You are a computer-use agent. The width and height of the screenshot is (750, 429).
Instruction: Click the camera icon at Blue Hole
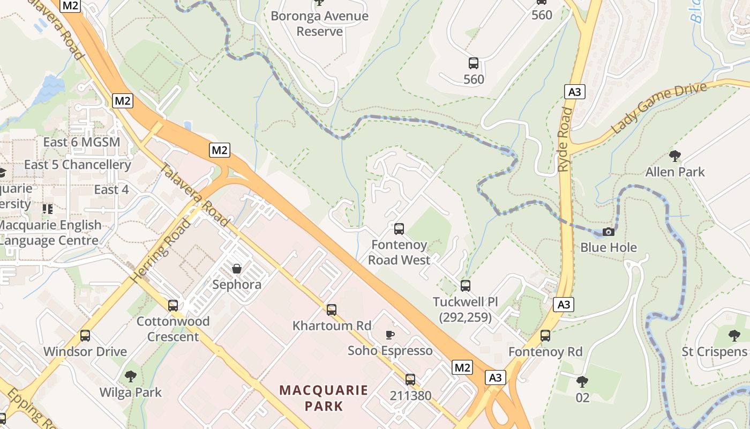click(608, 232)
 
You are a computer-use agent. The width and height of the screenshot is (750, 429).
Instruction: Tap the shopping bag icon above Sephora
click(236, 268)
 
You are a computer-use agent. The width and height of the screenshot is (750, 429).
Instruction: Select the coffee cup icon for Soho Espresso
click(390, 335)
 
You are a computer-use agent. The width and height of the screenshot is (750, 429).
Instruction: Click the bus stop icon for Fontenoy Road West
click(399, 229)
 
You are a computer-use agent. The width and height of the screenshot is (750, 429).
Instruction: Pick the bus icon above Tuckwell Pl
click(465, 285)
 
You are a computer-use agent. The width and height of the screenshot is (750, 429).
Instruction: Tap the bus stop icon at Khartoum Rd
click(332, 309)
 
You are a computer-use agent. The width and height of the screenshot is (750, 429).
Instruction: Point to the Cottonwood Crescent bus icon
click(172, 305)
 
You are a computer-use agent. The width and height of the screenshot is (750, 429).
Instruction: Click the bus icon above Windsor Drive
click(85, 336)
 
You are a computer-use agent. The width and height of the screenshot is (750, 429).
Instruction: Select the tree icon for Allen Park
click(675, 156)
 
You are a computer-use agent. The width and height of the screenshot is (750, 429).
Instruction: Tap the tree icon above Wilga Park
click(130, 376)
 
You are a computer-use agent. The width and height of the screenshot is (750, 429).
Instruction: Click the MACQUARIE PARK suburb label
click(324, 397)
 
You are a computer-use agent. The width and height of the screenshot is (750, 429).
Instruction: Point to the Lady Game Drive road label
click(658, 108)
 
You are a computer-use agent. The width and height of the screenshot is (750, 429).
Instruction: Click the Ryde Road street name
click(566, 139)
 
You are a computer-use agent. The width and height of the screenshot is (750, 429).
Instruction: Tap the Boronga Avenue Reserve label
click(319, 24)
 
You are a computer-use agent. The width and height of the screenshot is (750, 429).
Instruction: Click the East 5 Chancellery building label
click(78, 165)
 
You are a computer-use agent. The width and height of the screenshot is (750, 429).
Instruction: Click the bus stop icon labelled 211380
click(410, 380)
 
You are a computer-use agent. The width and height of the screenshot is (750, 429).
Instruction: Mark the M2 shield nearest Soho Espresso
click(462, 367)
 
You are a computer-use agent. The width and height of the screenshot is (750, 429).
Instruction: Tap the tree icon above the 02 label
click(582, 382)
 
